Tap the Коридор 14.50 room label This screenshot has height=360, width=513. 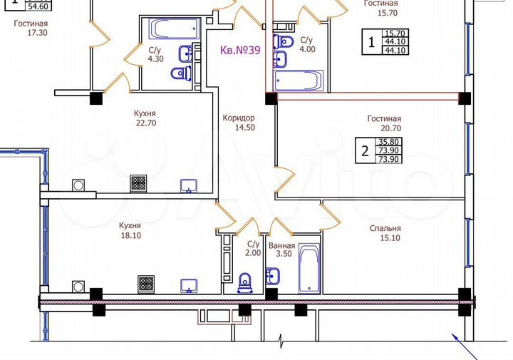pyautogui.click(x=239, y=123)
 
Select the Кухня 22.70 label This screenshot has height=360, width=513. pyautogui.click(x=145, y=118)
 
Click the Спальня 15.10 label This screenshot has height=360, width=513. pyautogui.click(x=385, y=234)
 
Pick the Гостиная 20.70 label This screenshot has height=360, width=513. pyautogui.click(x=385, y=124)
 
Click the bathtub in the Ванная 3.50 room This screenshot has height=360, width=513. pyautogui.click(x=311, y=269)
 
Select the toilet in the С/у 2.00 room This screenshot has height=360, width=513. pyautogui.click(x=246, y=282)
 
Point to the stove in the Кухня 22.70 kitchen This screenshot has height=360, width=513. pyautogui.click(x=138, y=184)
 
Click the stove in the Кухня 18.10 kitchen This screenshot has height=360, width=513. pyautogui.click(x=146, y=284)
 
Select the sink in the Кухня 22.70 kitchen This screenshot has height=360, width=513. pyautogui.click(x=188, y=185)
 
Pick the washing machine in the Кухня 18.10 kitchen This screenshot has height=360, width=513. pyautogui.click(x=78, y=287)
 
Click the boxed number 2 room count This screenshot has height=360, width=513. pyautogui.click(x=365, y=150)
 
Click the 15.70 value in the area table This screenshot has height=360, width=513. pyautogui.click(x=394, y=33)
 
